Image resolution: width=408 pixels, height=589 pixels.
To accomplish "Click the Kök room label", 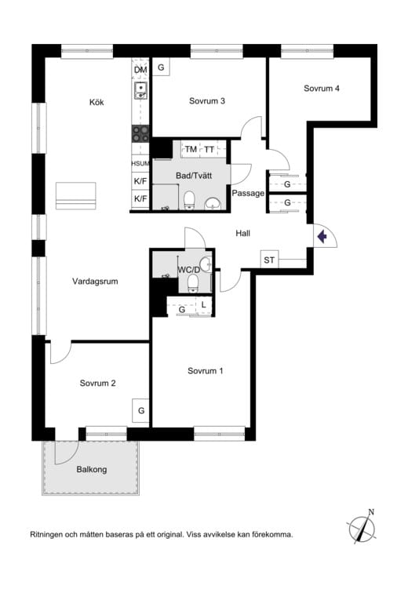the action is click(97, 102).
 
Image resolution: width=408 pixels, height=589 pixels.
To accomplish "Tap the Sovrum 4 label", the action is click(322, 89).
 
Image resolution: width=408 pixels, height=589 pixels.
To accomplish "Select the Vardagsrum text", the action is click(95, 282).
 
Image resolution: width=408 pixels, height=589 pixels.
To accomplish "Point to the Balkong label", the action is click(92, 470).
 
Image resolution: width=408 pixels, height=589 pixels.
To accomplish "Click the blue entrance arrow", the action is click(322, 237).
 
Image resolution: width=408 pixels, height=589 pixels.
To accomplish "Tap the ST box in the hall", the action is click(269, 260).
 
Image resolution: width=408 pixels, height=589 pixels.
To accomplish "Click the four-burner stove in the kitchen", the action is click(140, 134).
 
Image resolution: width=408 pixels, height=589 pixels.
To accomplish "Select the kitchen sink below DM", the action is click(140, 90).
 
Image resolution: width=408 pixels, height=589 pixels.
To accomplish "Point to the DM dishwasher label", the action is click(140, 70).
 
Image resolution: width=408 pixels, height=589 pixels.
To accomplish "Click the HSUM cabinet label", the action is click(140, 164).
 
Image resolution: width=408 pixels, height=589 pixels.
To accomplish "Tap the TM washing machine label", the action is click(191, 150).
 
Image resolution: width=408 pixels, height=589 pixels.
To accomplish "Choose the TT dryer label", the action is click(209, 150).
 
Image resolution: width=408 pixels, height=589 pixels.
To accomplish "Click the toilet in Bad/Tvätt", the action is click(189, 200).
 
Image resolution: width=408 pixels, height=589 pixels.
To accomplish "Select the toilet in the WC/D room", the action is click(193, 283).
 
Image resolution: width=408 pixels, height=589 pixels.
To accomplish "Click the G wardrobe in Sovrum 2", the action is click(141, 410).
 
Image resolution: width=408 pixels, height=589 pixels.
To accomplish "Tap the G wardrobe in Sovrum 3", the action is click(161, 67).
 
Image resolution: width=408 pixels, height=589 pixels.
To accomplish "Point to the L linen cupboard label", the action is click(204, 304).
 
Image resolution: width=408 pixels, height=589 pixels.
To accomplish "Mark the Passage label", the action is click(248, 194).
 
